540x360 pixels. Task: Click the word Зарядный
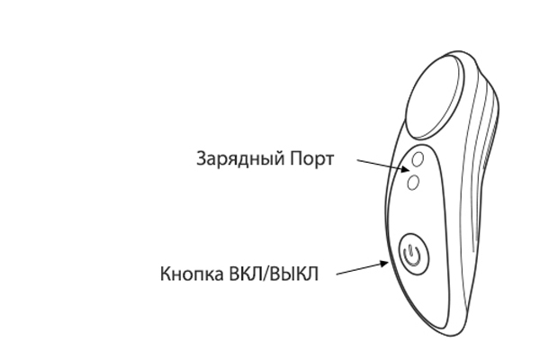[x=240, y=159]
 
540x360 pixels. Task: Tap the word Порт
[x=312, y=159]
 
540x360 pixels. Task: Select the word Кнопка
[x=192, y=274]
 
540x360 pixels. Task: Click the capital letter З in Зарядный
[x=201, y=158]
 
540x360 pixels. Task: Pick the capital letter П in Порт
[x=296, y=158]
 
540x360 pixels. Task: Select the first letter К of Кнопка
[x=166, y=274]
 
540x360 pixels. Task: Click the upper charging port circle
[x=418, y=159]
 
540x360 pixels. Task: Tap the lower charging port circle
[x=413, y=183]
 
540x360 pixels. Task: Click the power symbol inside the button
[x=412, y=256]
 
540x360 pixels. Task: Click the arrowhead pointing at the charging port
[x=405, y=168]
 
